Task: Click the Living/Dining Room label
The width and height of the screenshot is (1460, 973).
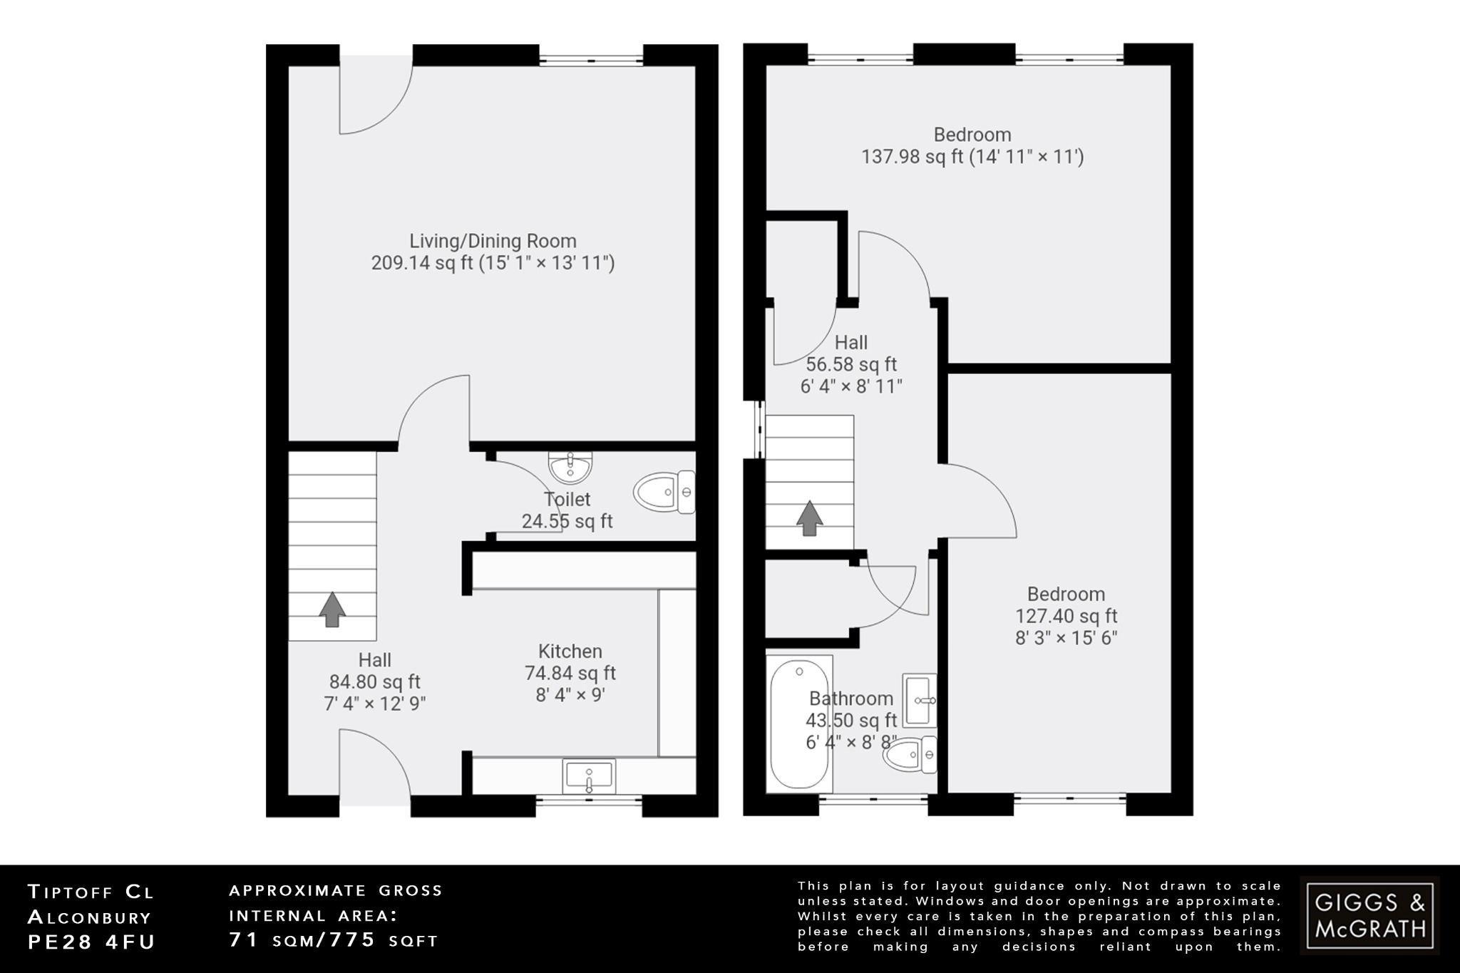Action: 493,241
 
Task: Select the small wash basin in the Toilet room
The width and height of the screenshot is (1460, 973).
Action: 570,468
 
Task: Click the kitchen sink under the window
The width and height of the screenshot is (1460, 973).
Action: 589,776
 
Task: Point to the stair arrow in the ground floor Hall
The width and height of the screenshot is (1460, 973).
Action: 332,609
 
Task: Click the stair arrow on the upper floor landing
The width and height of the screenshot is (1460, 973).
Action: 809,518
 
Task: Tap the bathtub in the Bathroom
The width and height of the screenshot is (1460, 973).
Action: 800,724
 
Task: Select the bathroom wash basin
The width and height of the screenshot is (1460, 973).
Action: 920,700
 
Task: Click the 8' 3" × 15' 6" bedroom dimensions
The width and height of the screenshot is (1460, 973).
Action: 1066,637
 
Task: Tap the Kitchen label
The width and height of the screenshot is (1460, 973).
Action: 570,651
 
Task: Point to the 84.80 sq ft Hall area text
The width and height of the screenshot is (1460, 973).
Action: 375,682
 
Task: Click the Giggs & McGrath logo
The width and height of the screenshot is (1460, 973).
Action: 1369,916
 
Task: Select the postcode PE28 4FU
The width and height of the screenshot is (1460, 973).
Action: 91,942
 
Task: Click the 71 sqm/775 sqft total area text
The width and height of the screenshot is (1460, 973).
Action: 334,940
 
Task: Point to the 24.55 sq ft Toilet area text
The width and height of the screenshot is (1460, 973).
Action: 567,521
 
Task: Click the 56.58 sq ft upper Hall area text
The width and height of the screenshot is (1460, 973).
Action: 851,364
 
